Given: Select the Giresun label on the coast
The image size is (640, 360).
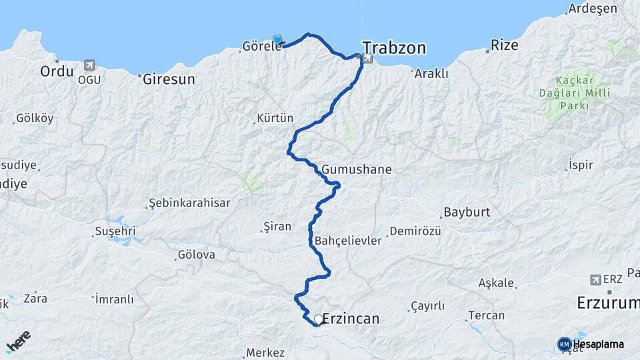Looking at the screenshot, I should pyautogui.click(x=169, y=79).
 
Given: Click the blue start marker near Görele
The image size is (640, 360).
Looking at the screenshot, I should pyautogui.click(x=277, y=40).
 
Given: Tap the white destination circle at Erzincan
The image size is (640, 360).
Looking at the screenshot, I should pyautogui.click(x=319, y=319).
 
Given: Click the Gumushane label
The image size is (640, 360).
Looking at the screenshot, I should pyautogui.click(x=356, y=170).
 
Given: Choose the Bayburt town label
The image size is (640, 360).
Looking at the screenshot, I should pyautogui.click(x=465, y=214).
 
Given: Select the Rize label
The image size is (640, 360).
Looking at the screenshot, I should pyautogui.click(x=504, y=45).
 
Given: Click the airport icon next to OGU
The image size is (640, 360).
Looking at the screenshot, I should pyautogui.click(x=89, y=65).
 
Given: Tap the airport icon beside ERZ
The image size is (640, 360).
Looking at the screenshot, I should pyautogui.click(x=595, y=280).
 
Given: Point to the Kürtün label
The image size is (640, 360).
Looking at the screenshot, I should pyautogui.click(x=274, y=119).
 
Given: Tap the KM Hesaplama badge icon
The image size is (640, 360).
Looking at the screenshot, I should pyautogui.click(x=565, y=344).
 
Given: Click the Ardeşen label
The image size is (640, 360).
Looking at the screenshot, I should pyautogui.click(x=590, y=9).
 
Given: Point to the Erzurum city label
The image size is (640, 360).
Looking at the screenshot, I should pyautogui.click(x=607, y=304).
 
